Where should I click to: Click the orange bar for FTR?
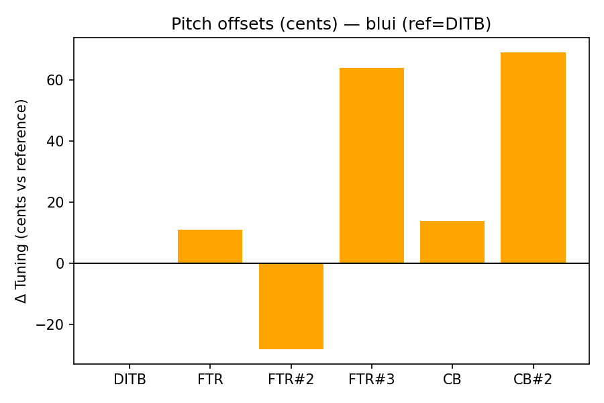pos(210,247)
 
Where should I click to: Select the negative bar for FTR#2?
pos(291,306)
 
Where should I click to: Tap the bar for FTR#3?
pos(372,165)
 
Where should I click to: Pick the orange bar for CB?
pos(452,242)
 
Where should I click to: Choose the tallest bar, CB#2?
pos(533,158)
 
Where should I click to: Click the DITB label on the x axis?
pos(130,379)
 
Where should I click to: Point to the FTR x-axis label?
pos(210,379)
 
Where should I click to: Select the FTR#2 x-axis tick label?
pos(291,379)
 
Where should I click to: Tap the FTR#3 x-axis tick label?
pos(372,379)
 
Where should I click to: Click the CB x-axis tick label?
pos(452,379)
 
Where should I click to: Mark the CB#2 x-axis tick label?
pos(533,379)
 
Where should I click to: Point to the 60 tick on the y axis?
pos(56,80)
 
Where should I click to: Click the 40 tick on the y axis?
pos(56,141)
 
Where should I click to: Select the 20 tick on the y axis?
pos(56,202)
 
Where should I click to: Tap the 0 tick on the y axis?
pos(60,263)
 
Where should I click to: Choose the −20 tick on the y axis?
pos(51,324)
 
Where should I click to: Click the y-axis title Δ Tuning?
pos(21,201)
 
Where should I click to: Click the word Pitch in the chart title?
pos(190,24)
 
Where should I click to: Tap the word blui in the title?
pos(380,24)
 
